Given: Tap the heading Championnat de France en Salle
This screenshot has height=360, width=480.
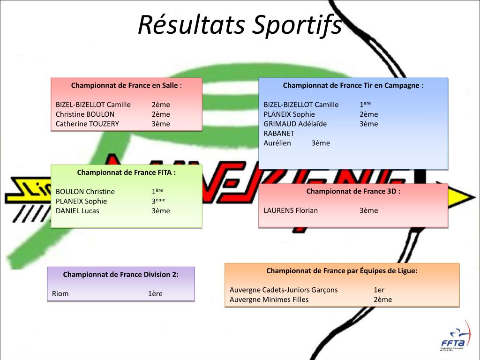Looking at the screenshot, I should coord(127,85).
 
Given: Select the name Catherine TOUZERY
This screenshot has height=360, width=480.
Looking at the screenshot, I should coord(87,124).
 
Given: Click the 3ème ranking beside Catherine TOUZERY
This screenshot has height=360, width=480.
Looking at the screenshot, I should coord(161,124).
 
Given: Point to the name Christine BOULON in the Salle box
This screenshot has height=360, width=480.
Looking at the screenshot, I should coord(85,114).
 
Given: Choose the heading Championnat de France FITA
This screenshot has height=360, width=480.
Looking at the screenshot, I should coord(127,172).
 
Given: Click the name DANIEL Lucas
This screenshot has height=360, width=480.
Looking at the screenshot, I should coord(77,210).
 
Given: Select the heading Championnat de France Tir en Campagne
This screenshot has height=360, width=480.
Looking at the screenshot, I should coord(353,85).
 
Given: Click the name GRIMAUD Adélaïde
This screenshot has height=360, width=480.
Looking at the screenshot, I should coord(295,124).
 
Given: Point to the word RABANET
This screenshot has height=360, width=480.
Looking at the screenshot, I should coord(279,133).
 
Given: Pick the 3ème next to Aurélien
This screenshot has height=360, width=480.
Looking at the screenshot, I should coord(321,143).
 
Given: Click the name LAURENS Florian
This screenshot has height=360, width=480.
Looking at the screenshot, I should coord(291,210).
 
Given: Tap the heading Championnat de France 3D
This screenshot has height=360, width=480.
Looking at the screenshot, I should coord(353,191).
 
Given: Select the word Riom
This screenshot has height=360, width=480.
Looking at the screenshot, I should coord(60,293).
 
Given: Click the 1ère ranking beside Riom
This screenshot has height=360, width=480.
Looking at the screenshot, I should coord(155,293).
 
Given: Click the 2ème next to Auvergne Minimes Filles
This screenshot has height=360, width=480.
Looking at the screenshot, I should coord(382,300).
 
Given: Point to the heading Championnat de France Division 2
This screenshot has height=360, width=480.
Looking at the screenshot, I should coord(121,274).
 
